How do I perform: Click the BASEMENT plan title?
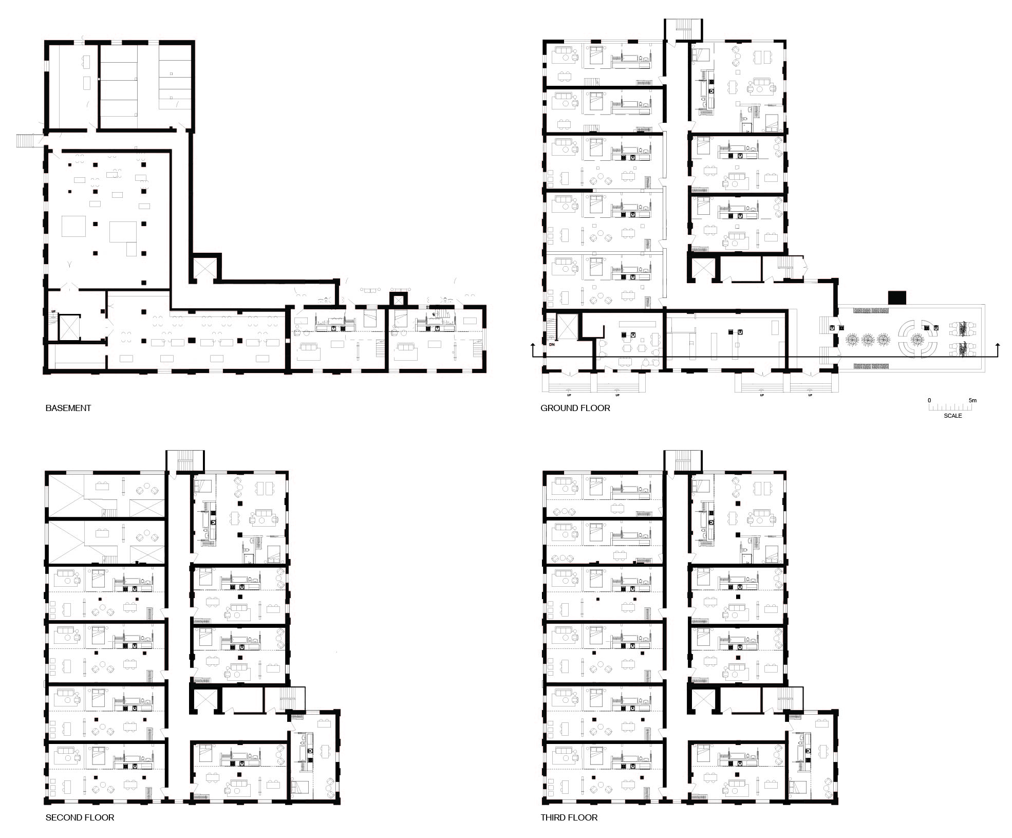click(68, 408)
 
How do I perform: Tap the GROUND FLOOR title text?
click(575, 408)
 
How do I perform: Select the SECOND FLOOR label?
click(80, 817)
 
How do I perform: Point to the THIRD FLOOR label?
click(569, 817)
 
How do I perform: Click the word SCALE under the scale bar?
click(952, 416)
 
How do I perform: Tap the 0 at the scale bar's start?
click(929, 400)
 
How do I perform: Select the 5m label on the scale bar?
click(972, 400)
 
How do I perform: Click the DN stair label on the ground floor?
click(553, 344)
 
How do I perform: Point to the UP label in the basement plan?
click(53, 311)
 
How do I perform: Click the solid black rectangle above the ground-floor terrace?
click(897, 297)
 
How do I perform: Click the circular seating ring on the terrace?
click(917, 339)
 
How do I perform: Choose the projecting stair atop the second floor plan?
click(184, 460)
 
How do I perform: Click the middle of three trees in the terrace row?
click(868, 339)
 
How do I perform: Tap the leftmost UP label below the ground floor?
click(569, 395)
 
